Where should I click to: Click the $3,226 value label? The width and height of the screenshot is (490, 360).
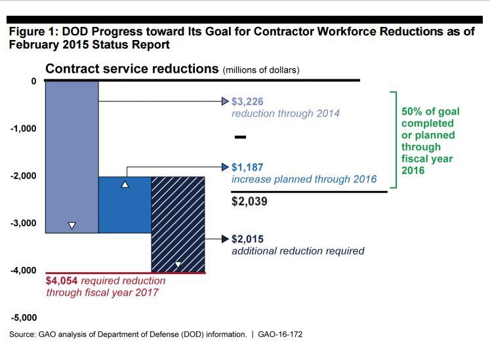248,102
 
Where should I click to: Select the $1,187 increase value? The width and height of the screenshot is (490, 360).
248,167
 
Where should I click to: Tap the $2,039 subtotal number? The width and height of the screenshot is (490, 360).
249,202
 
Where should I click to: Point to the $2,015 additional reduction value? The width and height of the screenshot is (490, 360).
248,239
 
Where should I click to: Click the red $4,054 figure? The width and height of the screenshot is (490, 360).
61,281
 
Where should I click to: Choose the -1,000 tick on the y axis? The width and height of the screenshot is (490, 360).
24,128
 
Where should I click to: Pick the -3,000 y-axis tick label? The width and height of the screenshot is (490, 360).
24,223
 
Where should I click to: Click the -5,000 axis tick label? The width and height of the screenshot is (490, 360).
24,318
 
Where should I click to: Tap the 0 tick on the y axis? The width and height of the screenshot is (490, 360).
33,81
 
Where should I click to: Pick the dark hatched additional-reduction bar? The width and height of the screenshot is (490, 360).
178,223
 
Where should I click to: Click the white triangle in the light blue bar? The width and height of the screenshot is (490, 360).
71,226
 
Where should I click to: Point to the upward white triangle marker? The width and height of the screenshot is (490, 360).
125,185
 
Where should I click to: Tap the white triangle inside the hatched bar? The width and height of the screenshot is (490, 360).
178,265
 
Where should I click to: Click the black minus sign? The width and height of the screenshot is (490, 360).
240,138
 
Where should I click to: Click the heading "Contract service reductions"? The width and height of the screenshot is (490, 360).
131,69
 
